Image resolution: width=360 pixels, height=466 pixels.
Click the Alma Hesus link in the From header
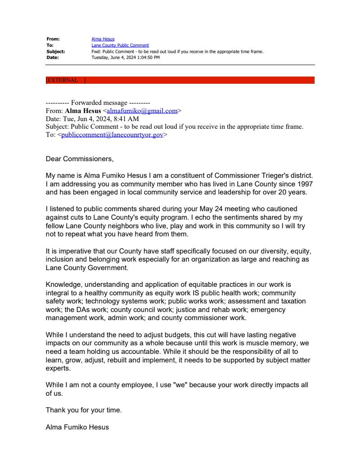pyautogui.click(x=103, y=39)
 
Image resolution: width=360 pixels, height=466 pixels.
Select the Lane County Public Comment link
pyautogui.click(x=120, y=45)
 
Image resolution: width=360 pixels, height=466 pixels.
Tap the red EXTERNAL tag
pyautogui.click(x=65, y=80)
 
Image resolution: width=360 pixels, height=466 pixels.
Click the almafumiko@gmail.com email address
pyautogui.click(x=142, y=111)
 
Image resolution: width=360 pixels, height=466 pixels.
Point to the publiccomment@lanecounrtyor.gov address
pyautogui.click(x=112, y=135)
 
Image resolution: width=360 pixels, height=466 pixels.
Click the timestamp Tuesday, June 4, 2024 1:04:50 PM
pyautogui.click(x=126, y=58)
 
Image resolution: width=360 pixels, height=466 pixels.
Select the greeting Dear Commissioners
pyautogui.click(x=80, y=159)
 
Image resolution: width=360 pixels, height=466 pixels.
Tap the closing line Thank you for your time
pyautogui.click(x=84, y=410)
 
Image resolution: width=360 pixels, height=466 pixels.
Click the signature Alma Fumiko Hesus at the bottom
pyautogui.click(x=77, y=427)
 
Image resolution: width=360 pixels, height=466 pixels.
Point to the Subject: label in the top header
pyautogui.click(x=56, y=51)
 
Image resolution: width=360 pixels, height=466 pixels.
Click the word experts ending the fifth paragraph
pyautogui.click(x=58, y=368)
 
